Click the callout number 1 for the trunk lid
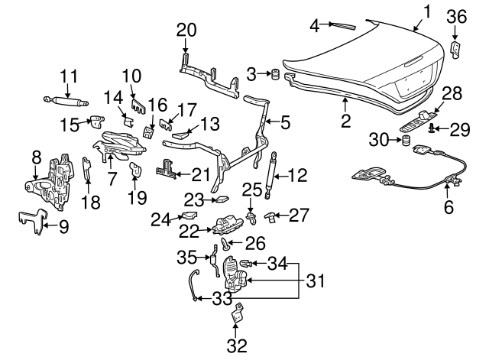pos(427,11)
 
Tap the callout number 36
pos(455,17)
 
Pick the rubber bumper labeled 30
pos(406,141)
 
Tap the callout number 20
pos(186,30)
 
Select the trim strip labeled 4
pos(343,25)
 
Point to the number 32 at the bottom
pos(238,345)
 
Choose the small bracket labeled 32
pos(239,313)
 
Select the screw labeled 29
pos(433,128)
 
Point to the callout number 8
pos(35,157)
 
